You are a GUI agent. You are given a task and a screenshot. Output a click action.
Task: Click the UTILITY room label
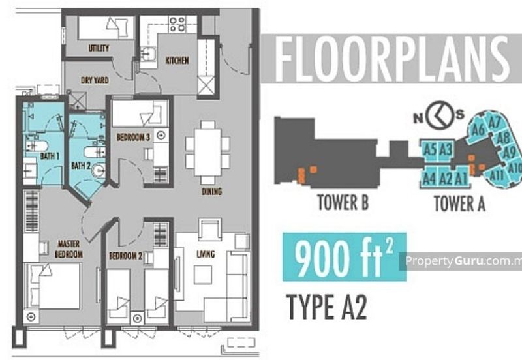pyautogui.click(x=99, y=48)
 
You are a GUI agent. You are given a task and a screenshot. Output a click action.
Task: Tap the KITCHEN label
pyautogui.click(x=177, y=61)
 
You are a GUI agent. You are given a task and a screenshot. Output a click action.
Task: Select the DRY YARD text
pyautogui.click(x=95, y=80)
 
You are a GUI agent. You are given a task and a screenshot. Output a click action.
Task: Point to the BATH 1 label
pyautogui.click(x=50, y=156)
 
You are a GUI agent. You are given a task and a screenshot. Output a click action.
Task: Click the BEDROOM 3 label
pyautogui.click(x=133, y=137)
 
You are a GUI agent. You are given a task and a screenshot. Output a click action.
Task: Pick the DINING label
pyautogui.click(x=211, y=191)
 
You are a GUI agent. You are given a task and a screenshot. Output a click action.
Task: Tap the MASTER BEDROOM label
pyautogui.click(x=69, y=249)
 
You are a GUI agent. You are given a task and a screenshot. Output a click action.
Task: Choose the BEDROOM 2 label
pyautogui.click(x=125, y=256)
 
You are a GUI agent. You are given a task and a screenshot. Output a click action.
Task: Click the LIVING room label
pyautogui.click(x=206, y=254)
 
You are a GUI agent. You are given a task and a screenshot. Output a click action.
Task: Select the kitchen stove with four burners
pyautogui.click(x=177, y=24)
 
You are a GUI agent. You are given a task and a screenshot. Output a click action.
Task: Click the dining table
pyautogui.click(x=207, y=153)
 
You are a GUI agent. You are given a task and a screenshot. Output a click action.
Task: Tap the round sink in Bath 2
pyautogui.click(x=99, y=170)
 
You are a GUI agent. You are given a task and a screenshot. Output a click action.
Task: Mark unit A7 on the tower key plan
pyautogui.click(x=495, y=123)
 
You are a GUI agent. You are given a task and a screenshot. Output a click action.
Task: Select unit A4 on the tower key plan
pyautogui.click(x=429, y=178)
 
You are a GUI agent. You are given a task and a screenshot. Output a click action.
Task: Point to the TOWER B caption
pyautogui.click(x=343, y=202)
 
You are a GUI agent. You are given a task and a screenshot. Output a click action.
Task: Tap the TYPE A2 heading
pyautogui.click(x=327, y=307)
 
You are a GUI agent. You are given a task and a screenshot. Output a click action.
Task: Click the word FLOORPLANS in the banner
pyautogui.click(x=392, y=59)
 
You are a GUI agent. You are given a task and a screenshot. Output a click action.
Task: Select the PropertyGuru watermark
pyautogui.click(x=463, y=261)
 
